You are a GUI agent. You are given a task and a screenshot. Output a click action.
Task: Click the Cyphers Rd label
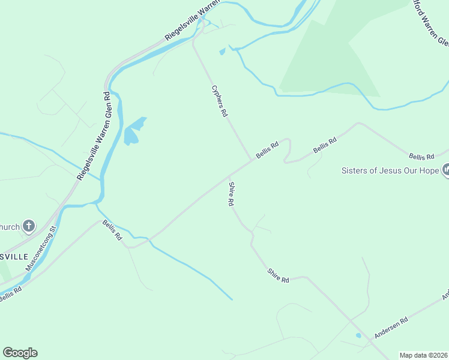[x=220, y=101]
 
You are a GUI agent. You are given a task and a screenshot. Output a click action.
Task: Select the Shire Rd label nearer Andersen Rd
[x=279, y=276]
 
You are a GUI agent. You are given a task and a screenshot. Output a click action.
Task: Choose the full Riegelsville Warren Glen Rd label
[x=92, y=136]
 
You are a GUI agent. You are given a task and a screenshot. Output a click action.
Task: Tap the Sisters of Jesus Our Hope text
[x=390, y=170]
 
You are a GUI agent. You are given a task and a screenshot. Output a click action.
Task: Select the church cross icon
[x=28, y=226]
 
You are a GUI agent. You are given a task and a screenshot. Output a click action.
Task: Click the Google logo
[x=20, y=353]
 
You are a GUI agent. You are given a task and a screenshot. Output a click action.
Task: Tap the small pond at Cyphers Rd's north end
[x=223, y=52]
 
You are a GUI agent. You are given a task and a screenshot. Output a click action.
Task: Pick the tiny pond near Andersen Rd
[x=358, y=335]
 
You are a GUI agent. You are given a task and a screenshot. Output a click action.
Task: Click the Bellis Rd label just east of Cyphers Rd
[x=267, y=149]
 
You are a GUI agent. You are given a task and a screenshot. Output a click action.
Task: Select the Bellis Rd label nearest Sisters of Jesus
[x=421, y=157]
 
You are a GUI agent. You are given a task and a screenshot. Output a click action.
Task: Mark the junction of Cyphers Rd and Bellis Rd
[x=251, y=161]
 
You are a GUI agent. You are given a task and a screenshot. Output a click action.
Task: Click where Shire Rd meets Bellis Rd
[x=229, y=176]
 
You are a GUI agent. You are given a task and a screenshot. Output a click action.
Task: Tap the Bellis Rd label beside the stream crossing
[x=112, y=230]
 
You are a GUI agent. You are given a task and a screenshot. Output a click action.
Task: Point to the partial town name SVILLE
[x=14, y=256]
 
